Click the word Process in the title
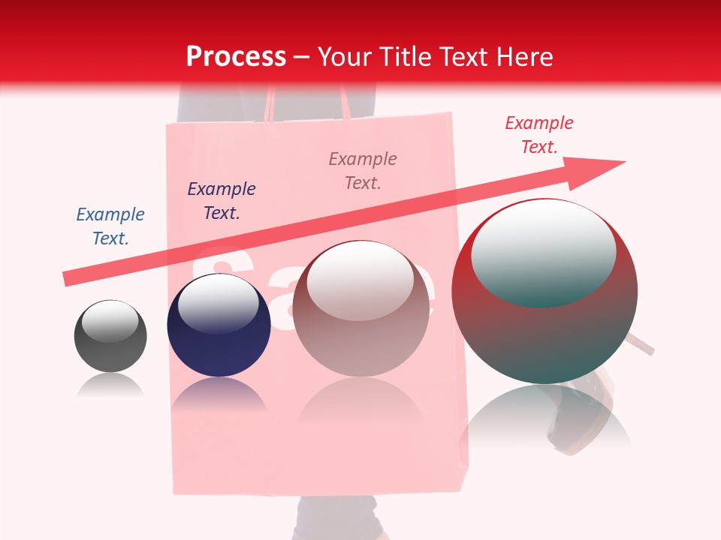click(x=236, y=57)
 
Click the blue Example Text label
click(x=110, y=226)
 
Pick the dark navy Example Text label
click(x=222, y=200)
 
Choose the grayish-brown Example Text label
click(x=363, y=170)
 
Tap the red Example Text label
click(x=539, y=135)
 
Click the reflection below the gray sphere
click(x=110, y=385)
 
